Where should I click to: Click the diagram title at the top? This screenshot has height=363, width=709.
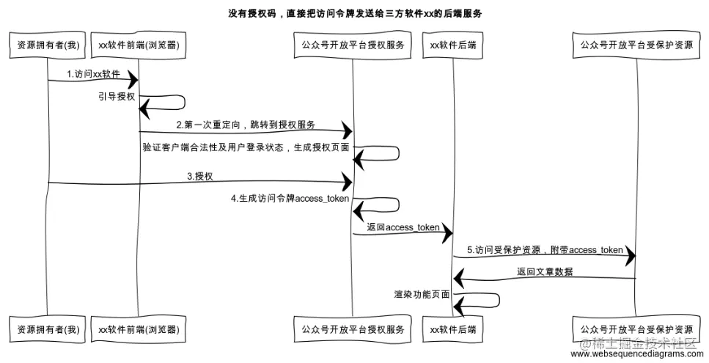click(355, 14)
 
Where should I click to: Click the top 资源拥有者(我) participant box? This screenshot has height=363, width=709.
click(48, 45)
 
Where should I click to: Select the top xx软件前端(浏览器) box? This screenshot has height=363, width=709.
click(139, 45)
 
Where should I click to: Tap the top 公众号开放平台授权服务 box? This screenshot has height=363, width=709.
click(353, 45)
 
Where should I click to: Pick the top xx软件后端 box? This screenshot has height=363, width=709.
click(452, 45)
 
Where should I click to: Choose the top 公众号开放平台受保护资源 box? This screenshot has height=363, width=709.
click(636, 45)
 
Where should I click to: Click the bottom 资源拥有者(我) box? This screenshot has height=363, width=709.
click(48, 330)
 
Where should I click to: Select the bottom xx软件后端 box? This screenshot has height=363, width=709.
click(452, 330)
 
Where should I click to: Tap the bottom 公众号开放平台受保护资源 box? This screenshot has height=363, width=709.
click(636, 330)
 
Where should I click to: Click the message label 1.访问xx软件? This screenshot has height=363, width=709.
click(93, 73)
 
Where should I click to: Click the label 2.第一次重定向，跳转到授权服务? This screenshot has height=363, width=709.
click(245, 125)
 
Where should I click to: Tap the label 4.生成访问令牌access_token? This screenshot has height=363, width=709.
click(290, 199)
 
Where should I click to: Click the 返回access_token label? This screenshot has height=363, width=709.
click(403, 227)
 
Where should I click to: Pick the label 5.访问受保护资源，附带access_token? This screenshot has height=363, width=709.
click(544, 250)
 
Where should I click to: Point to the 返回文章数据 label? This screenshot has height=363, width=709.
click(544, 271)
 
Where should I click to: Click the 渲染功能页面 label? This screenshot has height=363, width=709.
click(422, 294)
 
